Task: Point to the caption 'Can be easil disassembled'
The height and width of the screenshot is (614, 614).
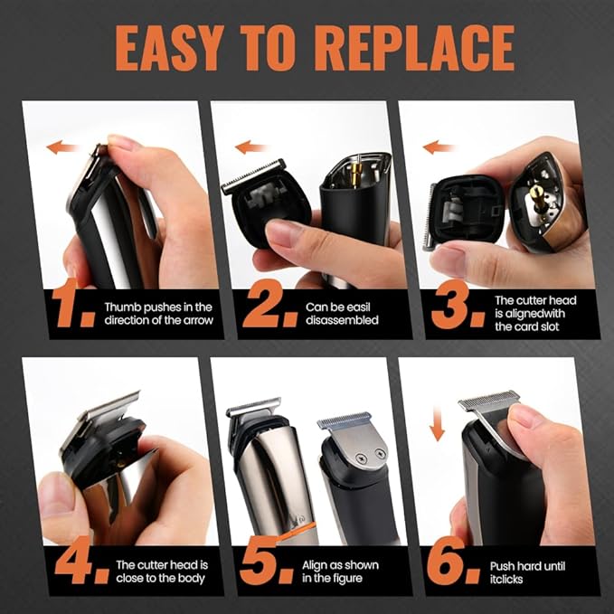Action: click(341, 313)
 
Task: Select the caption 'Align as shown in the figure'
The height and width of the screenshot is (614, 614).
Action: click(341, 572)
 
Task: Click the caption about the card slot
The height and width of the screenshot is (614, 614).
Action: click(534, 313)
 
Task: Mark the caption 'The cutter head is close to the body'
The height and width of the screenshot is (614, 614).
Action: click(161, 572)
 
